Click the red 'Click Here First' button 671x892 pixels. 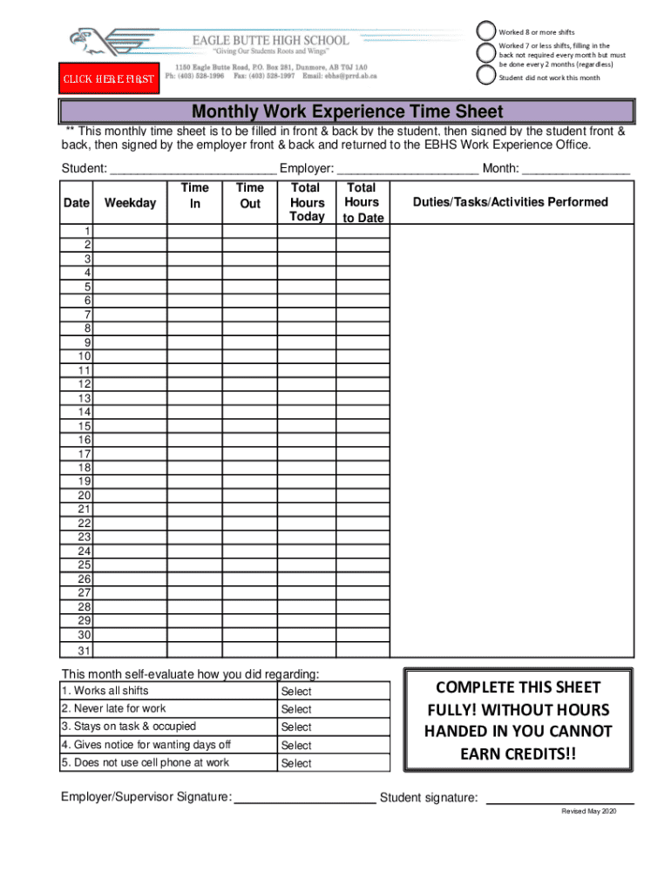click(x=108, y=79)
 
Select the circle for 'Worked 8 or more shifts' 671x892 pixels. click(x=486, y=30)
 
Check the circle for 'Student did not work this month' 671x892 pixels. click(x=486, y=75)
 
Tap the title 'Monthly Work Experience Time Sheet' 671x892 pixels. click(x=347, y=111)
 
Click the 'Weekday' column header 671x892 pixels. click(x=130, y=203)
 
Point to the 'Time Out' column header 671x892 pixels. click(x=249, y=195)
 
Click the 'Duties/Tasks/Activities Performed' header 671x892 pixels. click(x=511, y=202)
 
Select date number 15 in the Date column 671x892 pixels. click(x=85, y=426)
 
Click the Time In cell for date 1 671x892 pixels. click(x=194, y=231)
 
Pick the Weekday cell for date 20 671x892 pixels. click(x=130, y=496)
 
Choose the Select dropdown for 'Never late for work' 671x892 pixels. click(x=296, y=709)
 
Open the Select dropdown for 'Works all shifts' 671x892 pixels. click(x=296, y=692)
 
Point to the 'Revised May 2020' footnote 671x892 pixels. click(x=588, y=811)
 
